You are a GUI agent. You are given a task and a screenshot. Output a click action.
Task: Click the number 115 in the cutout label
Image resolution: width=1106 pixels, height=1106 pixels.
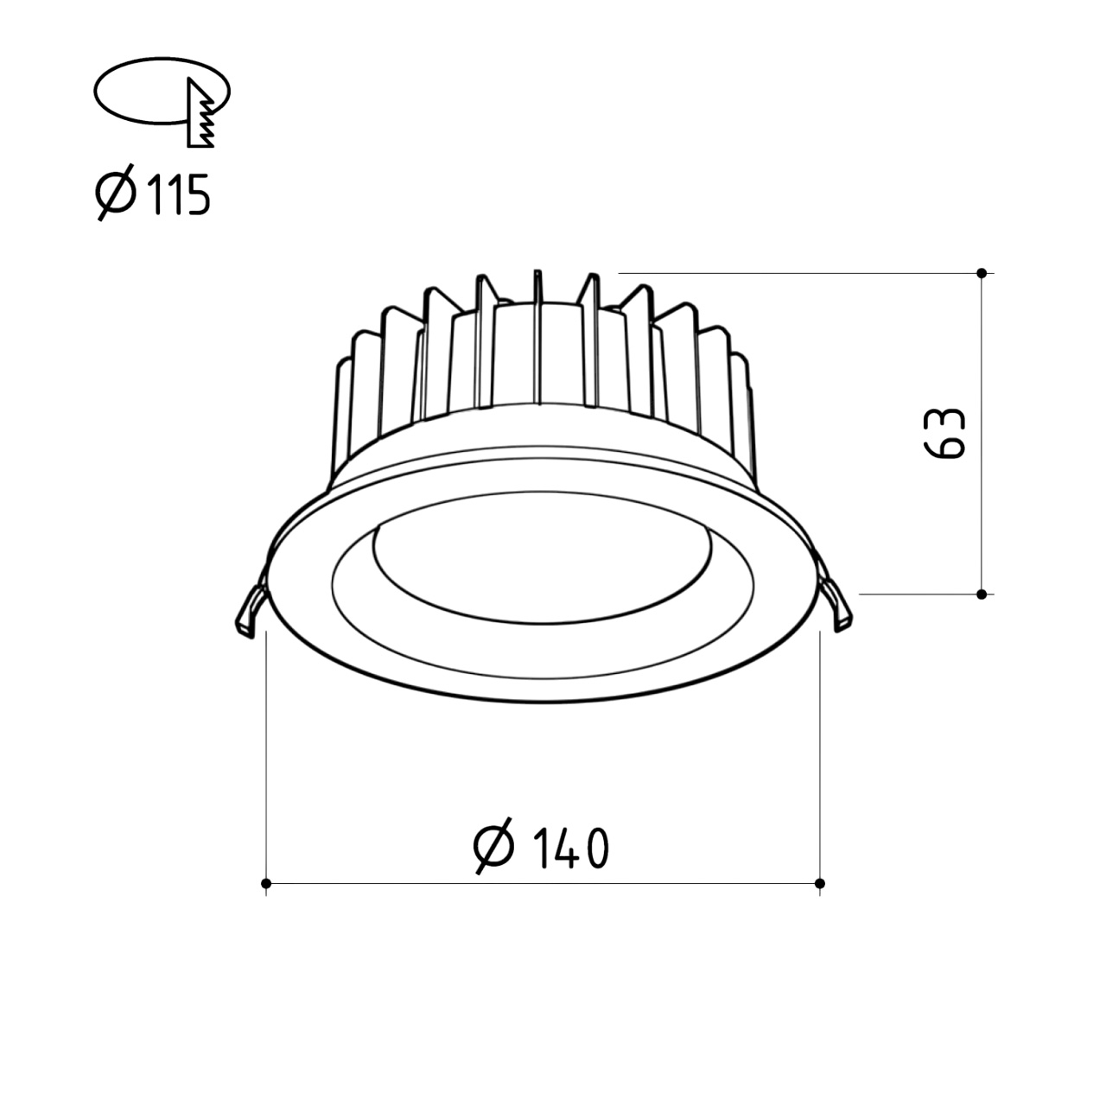coord(179,194)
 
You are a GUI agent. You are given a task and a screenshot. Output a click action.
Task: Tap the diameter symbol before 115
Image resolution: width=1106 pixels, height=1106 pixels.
coord(116,193)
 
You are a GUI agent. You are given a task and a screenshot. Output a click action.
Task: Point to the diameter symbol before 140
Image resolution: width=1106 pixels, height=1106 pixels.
coord(493,846)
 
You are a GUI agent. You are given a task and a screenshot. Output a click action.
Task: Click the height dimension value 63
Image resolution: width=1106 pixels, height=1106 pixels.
coord(945,434)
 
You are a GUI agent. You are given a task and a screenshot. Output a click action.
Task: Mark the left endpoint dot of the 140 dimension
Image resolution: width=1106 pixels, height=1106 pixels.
coord(266,883)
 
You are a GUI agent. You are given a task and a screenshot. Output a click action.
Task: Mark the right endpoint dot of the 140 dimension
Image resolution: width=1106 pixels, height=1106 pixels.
coord(820,883)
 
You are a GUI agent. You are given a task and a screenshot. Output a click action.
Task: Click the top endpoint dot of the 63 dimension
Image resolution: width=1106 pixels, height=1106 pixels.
coord(982,273)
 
